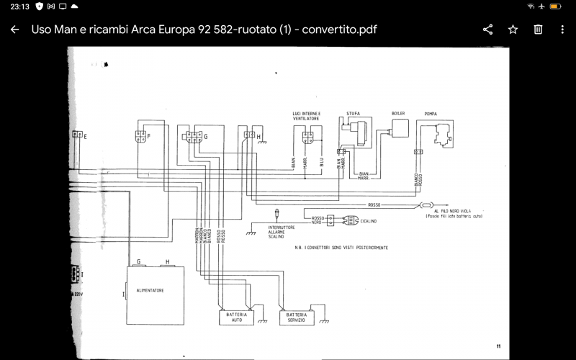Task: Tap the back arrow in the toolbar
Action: pyautogui.click(x=14, y=30)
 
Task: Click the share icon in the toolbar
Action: pyautogui.click(x=487, y=30)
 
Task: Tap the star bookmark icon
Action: pyautogui.click(x=513, y=30)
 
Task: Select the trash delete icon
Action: pyautogui.click(x=538, y=30)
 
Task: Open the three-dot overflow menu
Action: pyautogui.click(x=562, y=30)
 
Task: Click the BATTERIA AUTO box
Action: pyautogui.click(x=236, y=318)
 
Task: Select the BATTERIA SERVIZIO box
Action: pyautogui.click(x=295, y=318)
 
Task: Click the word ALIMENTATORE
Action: pyautogui.click(x=150, y=291)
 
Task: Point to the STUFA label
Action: pyautogui.click(x=353, y=114)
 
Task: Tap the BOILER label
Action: pyautogui.click(x=398, y=114)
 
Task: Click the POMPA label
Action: pyautogui.click(x=431, y=114)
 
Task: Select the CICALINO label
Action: pyautogui.click(x=369, y=221)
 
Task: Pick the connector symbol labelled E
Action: pyautogui.click(x=77, y=135)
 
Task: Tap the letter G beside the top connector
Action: pyautogui.click(x=206, y=135)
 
